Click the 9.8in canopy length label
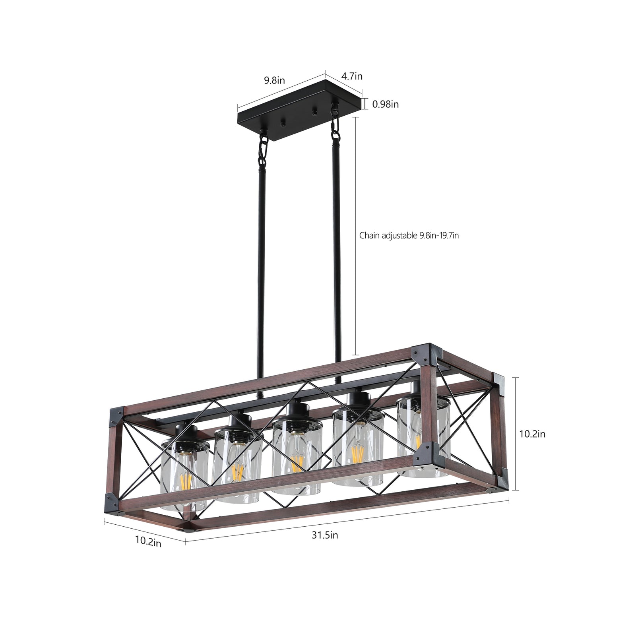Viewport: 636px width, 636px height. [x=274, y=80]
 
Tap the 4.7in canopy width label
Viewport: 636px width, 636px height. [x=352, y=76]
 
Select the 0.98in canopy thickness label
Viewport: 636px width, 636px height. [x=385, y=105]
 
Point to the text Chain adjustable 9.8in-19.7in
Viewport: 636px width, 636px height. [x=409, y=235]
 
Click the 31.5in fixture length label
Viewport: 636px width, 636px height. [x=325, y=535]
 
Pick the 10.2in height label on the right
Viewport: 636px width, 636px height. [x=532, y=434]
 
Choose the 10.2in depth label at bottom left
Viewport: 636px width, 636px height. [x=148, y=541]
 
